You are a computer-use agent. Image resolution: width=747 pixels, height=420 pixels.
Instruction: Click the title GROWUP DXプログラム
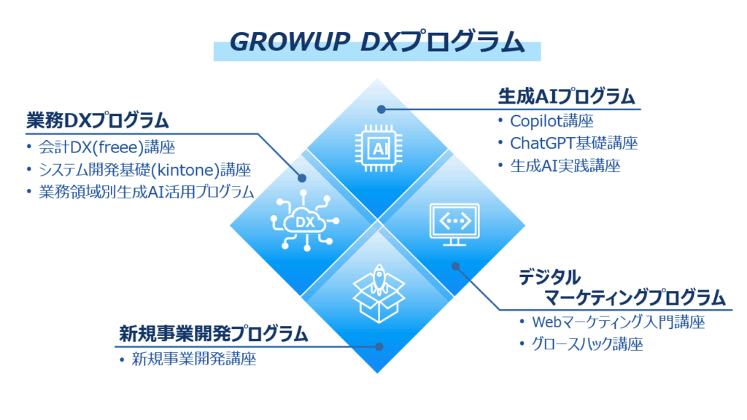377,42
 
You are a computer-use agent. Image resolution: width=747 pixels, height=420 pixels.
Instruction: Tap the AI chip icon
379,148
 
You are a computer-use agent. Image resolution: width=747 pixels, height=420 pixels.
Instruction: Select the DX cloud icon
305,220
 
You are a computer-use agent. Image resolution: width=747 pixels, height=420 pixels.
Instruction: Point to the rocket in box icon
379,293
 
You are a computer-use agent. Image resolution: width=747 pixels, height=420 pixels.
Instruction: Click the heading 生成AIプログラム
566,97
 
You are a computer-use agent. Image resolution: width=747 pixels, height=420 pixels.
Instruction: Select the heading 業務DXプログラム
98,120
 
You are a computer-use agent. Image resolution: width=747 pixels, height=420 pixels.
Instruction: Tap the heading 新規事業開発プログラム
214,334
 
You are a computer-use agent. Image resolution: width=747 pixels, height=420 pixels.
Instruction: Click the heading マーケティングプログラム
635,297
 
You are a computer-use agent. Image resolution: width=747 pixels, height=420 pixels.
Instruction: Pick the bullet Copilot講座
551,121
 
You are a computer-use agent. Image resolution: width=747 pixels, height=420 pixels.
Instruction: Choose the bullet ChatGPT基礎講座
573,143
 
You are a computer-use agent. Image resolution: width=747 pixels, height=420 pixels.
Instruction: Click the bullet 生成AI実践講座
565,166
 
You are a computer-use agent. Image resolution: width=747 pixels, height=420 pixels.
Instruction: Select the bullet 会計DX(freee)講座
107,147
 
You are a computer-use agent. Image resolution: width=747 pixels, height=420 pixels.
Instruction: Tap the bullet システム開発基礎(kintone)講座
145,169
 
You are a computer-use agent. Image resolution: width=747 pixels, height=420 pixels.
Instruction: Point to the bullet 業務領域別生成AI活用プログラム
146,192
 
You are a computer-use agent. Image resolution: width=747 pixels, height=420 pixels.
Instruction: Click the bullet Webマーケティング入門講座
618,322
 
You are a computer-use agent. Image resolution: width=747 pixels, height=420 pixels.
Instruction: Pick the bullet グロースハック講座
587,344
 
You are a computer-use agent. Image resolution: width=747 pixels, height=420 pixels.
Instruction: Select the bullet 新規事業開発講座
194,359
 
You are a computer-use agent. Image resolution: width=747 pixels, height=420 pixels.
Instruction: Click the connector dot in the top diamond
381,109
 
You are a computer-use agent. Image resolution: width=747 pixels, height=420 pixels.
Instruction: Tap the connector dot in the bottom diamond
379,346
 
